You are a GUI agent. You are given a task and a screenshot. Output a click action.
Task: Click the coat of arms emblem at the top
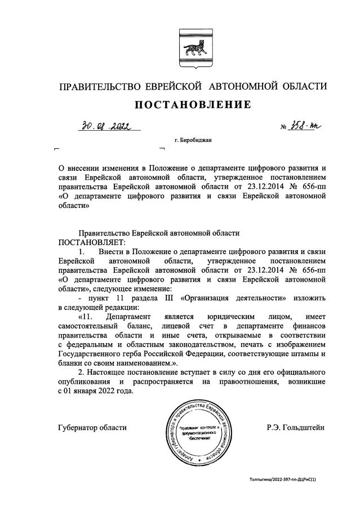[x=192, y=44]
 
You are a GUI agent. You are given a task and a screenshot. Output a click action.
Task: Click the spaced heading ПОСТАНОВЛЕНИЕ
[x=192, y=105]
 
